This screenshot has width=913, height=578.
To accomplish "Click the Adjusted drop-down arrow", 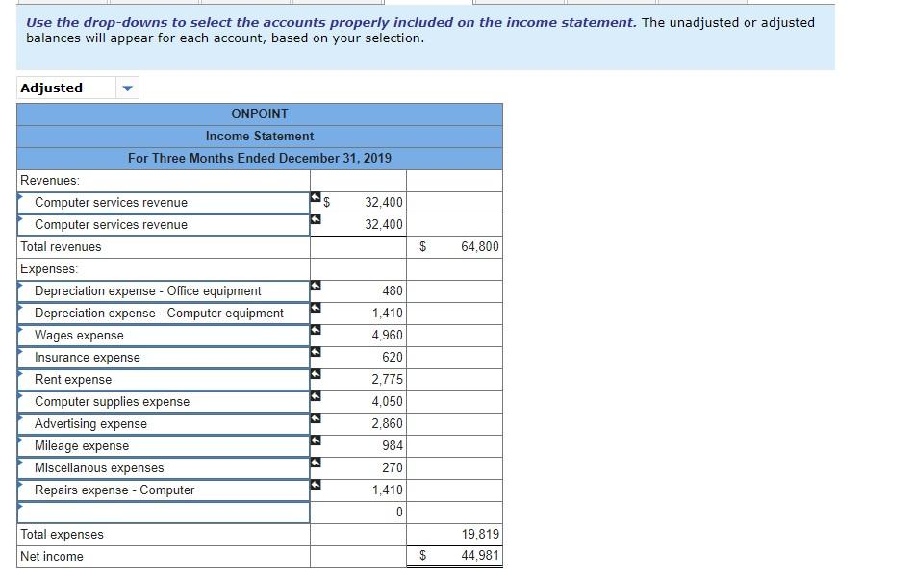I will coord(127,88).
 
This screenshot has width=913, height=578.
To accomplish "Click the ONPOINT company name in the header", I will coord(260,113).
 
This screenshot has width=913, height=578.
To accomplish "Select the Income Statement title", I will coord(260,136).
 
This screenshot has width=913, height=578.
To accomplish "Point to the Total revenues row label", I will coord(61,247).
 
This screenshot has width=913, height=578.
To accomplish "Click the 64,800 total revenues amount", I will coord(480,247).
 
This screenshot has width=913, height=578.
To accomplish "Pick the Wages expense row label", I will coord(79,336).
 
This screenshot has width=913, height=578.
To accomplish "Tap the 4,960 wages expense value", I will coord(387,336).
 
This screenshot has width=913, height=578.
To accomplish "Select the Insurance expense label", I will coord(88,358).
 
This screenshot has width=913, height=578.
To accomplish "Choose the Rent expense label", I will coord(73,380).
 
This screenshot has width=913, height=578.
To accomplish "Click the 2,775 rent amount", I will coord(387,380).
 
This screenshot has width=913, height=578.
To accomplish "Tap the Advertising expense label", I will coord(90,424).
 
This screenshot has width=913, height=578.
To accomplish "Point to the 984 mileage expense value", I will coord(391,446).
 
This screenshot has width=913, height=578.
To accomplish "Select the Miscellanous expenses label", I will coord(99,468).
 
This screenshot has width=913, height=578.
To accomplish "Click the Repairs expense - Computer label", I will coord(114,490).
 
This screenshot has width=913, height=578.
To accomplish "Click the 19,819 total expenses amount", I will coord(480,535).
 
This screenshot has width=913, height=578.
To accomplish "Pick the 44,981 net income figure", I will coord(480,557).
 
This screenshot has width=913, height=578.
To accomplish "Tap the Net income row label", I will coord(52,557).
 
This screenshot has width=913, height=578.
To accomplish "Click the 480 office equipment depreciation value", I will coord(392,291).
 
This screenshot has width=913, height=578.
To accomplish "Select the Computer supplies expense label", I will coord(112,402).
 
